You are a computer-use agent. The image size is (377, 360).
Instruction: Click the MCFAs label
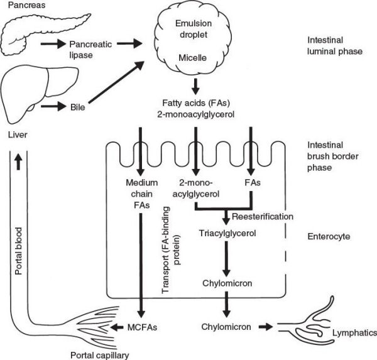click(143, 327)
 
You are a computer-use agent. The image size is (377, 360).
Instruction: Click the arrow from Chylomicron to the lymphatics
click(263, 327)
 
